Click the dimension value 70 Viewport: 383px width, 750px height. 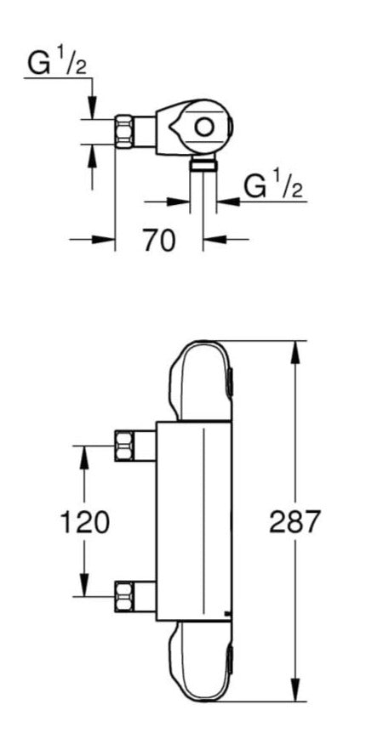[x=159, y=241]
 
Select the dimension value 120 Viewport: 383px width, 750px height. [x=83, y=521]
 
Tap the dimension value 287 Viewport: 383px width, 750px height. [x=294, y=521]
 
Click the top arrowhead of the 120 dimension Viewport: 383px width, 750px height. [x=83, y=456]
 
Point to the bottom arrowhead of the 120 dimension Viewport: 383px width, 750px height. [x=83, y=587]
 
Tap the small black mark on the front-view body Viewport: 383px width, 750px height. [x=226, y=614]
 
